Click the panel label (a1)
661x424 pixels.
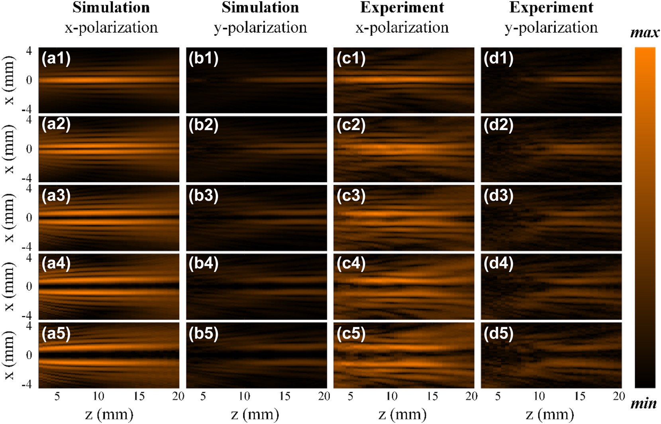click(x=56, y=59)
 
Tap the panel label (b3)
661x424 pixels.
click(x=204, y=196)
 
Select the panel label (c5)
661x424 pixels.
click(x=351, y=333)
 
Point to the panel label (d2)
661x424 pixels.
click(x=498, y=125)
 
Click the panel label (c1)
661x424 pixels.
click(x=351, y=59)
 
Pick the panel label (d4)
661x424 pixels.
click(x=498, y=264)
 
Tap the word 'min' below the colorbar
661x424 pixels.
click(x=643, y=404)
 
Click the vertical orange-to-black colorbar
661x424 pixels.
click(x=645, y=217)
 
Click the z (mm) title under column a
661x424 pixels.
click(x=109, y=414)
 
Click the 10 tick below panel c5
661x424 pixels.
click(x=391, y=396)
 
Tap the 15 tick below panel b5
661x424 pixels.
click(x=285, y=396)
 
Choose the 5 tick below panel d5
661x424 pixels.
click(x=498, y=396)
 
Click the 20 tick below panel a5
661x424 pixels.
click(x=178, y=396)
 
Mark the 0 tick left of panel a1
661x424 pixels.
click(x=29, y=80)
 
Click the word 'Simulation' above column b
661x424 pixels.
click(x=260, y=8)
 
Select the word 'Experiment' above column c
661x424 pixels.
click(x=402, y=8)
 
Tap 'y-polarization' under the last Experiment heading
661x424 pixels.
click(x=551, y=27)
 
